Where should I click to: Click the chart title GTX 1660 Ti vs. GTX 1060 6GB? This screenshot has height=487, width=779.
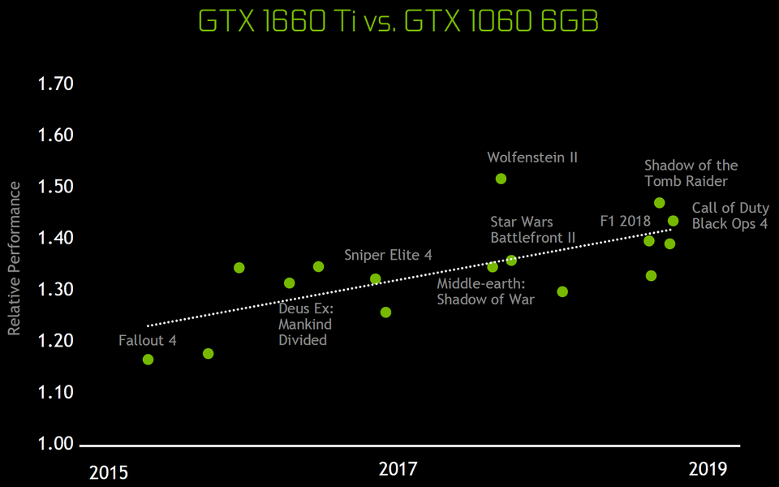[398, 22]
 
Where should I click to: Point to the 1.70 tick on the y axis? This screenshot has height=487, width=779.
[55, 84]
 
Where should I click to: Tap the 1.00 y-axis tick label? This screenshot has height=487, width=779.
[55, 444]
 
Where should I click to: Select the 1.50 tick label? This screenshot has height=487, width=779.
[55, 187]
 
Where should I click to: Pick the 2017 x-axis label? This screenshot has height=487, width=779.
[398, 469]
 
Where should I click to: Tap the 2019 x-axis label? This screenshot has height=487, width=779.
[708, 468]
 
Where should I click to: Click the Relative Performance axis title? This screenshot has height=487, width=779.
[14, 259]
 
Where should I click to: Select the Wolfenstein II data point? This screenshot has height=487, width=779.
[501, 179]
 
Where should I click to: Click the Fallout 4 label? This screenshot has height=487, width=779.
[147, 340]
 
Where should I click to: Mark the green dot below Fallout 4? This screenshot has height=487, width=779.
[148, 360]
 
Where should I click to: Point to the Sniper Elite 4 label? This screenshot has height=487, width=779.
[388, 255]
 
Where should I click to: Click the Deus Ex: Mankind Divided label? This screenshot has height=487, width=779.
[306, 324]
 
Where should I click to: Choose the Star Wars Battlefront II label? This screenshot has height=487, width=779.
[533, 230]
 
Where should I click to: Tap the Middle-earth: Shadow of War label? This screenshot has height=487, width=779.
[485, 291]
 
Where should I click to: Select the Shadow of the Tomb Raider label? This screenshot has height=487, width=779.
[691, 173]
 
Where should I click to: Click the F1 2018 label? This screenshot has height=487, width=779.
[626, 220]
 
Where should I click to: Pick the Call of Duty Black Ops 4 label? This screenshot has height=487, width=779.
[730, 216]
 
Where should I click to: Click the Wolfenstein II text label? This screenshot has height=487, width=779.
[532, 157]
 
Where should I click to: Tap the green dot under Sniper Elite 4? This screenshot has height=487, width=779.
[376, 279]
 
